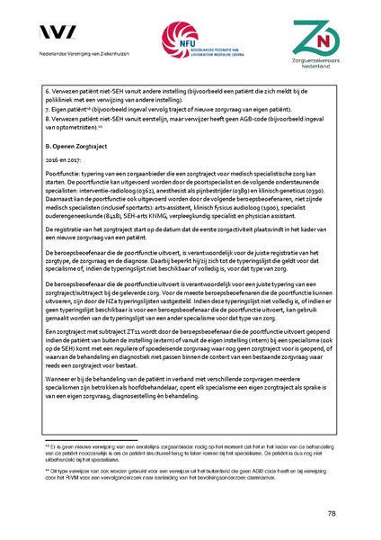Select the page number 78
[332, 513]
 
